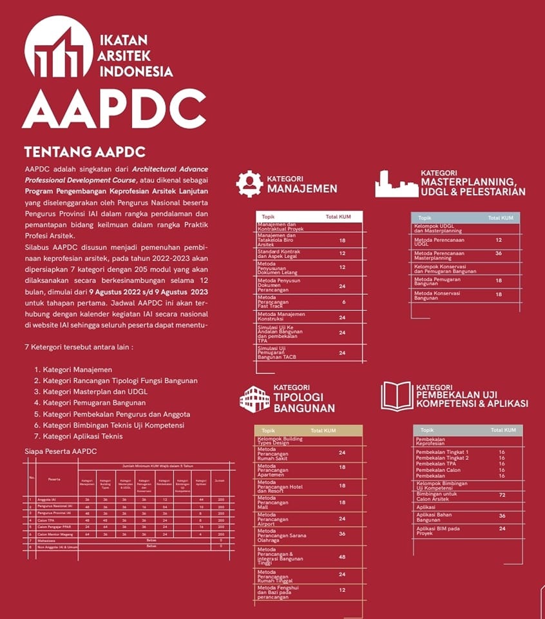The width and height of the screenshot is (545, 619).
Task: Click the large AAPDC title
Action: [x=114, y=108]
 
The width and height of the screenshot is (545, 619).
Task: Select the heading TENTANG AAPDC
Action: [x=84, y=152]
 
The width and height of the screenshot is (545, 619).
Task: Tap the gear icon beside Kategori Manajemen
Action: [x=249, y=184]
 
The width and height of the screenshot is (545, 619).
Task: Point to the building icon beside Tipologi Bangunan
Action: [x=254, y=398]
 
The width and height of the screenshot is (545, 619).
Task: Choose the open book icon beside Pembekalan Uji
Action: [x=396, y=396]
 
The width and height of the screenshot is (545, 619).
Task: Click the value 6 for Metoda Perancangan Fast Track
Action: [x=343, y=302]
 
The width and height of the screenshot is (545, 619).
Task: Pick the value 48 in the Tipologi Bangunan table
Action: [x=342, y=556]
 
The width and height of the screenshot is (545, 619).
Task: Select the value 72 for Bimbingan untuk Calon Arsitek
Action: [x=502, y=495]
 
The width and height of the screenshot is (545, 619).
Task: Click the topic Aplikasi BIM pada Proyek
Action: [x=438, y=531]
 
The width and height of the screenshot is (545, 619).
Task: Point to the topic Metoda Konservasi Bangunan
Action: [x=435, y=295]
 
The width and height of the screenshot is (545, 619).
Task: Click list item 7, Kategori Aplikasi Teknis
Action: [x=82, y=437]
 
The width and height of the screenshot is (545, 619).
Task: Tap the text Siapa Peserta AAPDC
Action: [x=61, y=451]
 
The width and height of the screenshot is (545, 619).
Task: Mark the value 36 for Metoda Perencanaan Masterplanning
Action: [x=499, y=253]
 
